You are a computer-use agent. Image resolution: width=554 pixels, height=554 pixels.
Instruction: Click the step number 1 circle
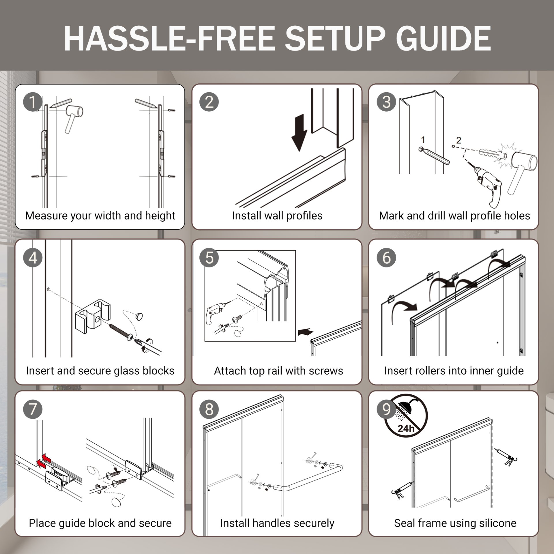33,102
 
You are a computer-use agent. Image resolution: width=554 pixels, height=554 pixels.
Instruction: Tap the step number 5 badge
209,258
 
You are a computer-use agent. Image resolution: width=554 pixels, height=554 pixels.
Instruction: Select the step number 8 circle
209,409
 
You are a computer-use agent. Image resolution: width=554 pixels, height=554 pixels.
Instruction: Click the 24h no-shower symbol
406,416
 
